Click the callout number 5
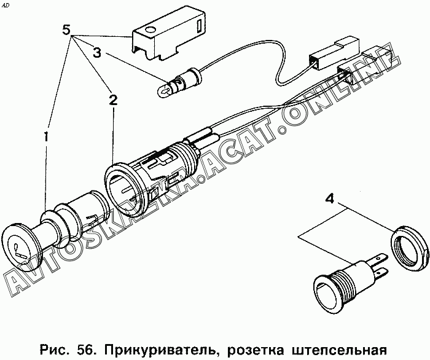[x=66, y=29]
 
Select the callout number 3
[x=97, y=53]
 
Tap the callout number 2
[x=113, y=100]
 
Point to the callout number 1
[x=46, y=136]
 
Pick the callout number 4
[x=330, y=198]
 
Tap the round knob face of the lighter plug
[x=20, y=247]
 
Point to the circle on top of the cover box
[x=150, y=29]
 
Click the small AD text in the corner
[x=5, y=5]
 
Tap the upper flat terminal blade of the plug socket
[x=379, y=259]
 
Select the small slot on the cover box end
[x=198, y=26]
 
